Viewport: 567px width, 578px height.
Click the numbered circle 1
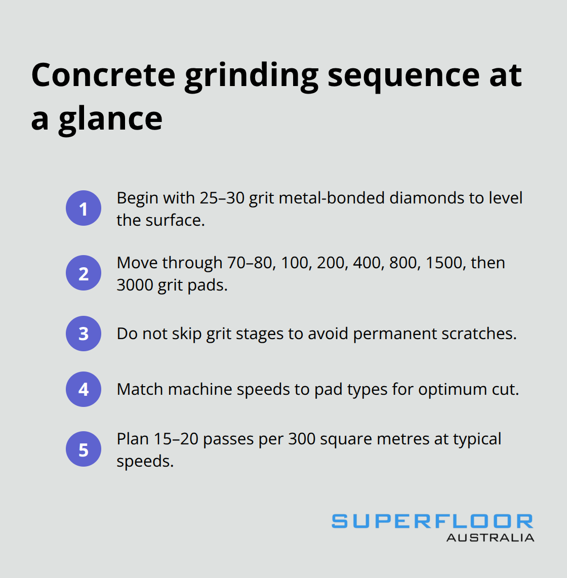pos(84,208)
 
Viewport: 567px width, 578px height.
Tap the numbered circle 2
pos(84,273)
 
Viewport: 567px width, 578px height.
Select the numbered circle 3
pos(84,334)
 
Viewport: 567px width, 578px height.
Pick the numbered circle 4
pos(84,389)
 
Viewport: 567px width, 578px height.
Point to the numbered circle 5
pos(84,449)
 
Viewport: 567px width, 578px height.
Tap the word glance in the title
pos(110,119)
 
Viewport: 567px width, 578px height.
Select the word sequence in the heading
pos(403,76)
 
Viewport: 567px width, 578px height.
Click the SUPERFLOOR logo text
pos(432,521)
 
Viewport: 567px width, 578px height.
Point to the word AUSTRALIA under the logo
pos(490,538)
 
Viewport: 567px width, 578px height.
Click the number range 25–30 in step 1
pos(222,198)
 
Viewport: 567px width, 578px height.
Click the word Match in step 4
pos(140,389)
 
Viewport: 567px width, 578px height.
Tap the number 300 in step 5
pos(302,439)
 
